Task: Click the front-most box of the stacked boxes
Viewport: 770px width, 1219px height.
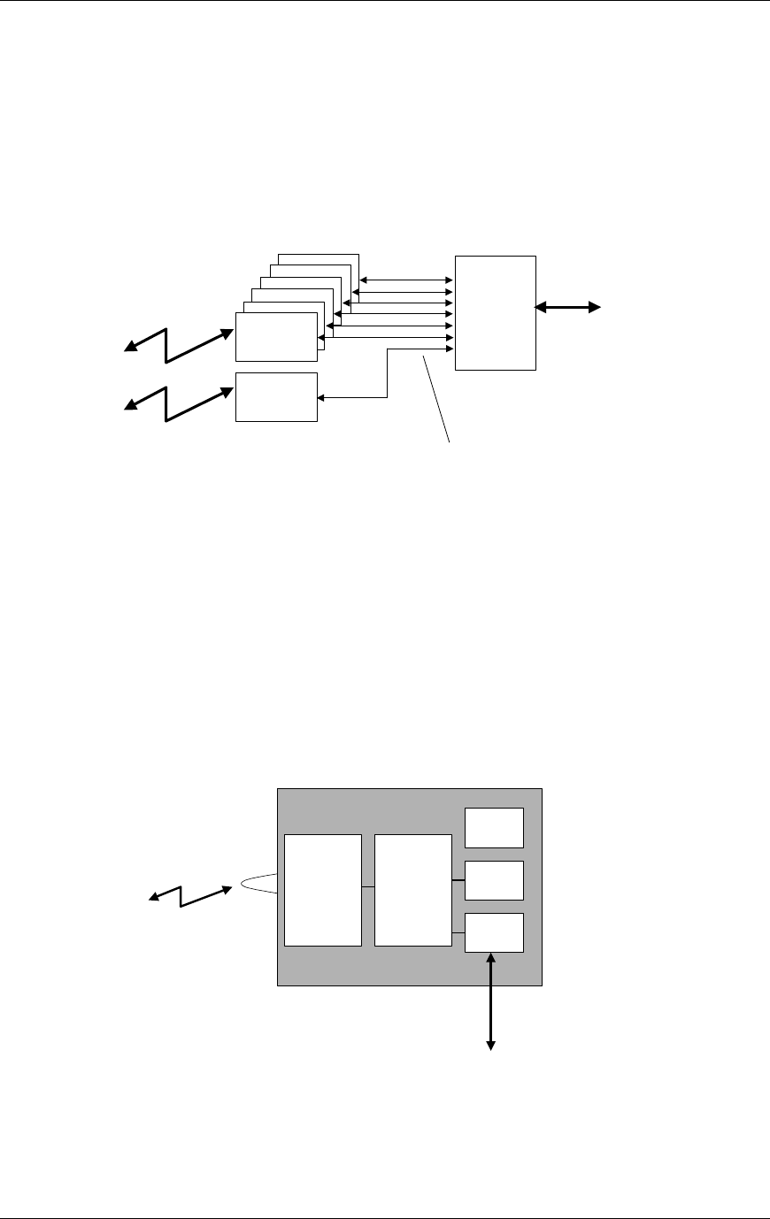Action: click(x=276, y=336)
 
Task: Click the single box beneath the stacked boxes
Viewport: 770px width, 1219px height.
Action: click(x=276, y=397)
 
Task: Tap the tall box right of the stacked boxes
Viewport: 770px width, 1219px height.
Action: click(x=496, y=312)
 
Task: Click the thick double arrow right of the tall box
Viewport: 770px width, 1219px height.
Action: click(x=568, y=307)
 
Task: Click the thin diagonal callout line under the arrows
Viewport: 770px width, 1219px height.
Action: click(x=437, y=398)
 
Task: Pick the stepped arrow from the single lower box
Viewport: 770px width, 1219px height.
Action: click(x=387, y=376)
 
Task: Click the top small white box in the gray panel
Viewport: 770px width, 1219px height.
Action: click(x=495, y=827)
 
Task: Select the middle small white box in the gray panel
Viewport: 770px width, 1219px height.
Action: click(x=495, y=880)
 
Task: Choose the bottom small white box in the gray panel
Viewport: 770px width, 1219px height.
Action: click(x=495, y=932)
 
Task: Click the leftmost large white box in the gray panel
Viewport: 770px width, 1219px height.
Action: click(x=323, y=889)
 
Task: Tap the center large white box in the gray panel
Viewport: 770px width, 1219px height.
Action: click(x=413, y=889)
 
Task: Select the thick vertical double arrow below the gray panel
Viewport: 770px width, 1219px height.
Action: click(x=490, y=1000)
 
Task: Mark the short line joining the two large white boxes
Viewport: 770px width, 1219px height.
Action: click(x=368, y=886)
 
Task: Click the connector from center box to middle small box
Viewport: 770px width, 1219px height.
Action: click(x=458, y=880)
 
